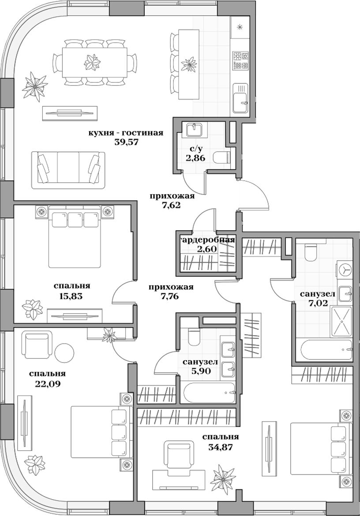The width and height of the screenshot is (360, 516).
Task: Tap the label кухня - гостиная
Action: [126, 133]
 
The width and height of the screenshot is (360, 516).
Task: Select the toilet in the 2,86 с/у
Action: [221, 157]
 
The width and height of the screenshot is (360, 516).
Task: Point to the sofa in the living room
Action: [68, 169]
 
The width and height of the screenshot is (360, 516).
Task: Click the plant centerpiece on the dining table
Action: [92, 62]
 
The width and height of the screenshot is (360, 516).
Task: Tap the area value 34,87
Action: [220, 448]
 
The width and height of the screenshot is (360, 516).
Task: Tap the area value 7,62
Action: [171, 205]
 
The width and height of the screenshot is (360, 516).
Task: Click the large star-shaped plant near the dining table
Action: [34, 85]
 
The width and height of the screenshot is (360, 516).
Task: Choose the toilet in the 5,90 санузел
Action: [194, 337]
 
